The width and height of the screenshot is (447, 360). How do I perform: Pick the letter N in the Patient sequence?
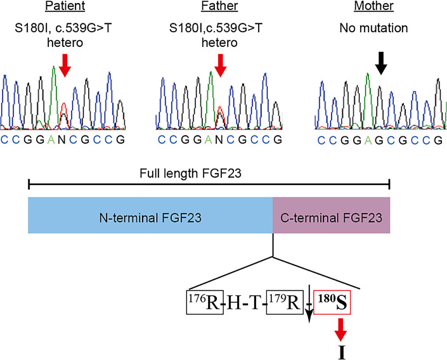point(63,138)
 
